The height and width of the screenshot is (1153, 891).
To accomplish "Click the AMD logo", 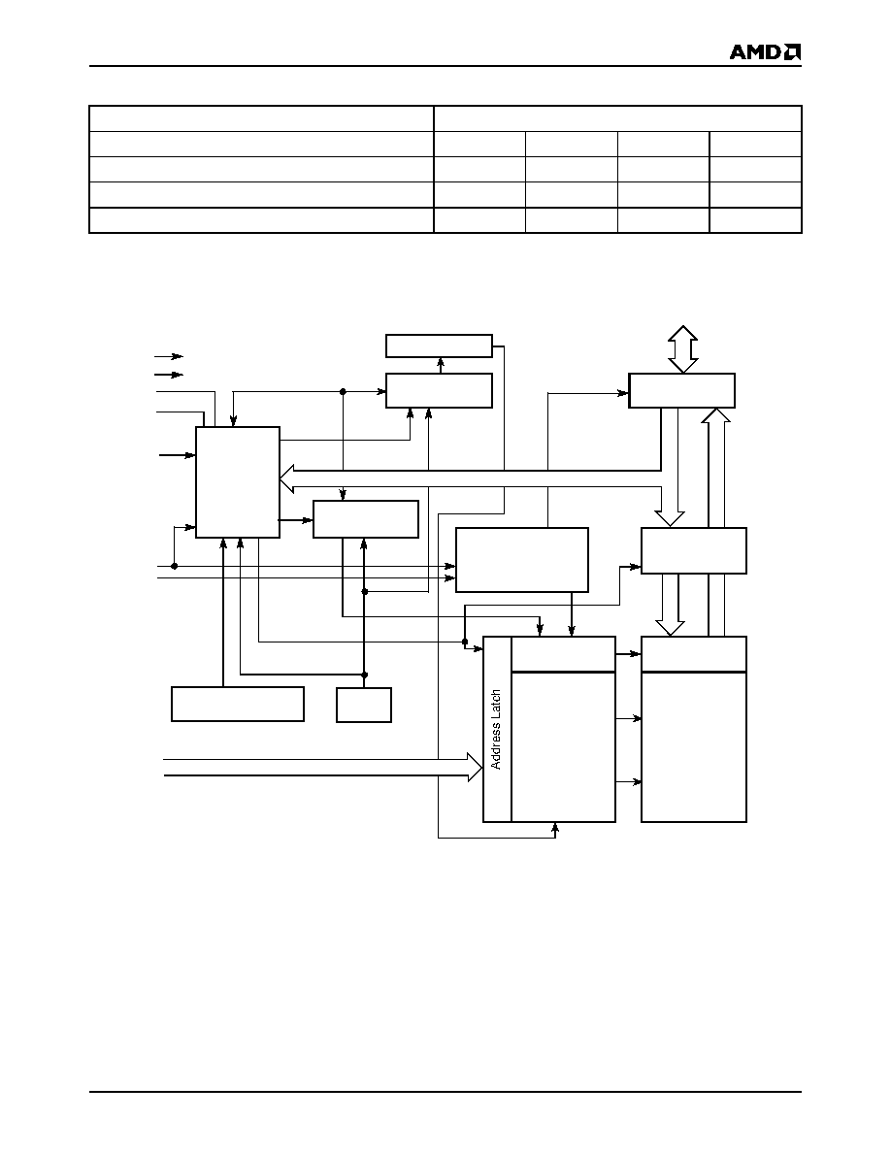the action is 765,51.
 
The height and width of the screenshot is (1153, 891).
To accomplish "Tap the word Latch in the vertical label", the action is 496,705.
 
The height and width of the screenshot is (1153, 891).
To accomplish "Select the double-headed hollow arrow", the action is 682,349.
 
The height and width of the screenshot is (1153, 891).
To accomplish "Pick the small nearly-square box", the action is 364,705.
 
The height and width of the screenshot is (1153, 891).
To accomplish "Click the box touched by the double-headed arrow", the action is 681,390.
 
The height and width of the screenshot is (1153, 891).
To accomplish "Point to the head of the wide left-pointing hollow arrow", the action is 287,478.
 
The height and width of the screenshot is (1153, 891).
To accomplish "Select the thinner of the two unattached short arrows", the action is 168,356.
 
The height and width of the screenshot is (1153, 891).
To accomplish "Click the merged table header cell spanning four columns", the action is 617,118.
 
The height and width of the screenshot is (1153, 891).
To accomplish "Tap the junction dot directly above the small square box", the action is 364,675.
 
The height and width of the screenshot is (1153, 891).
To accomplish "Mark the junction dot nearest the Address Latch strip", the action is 465,642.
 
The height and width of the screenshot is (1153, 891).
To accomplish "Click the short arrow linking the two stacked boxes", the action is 440,365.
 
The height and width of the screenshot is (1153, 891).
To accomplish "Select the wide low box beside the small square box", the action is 238,705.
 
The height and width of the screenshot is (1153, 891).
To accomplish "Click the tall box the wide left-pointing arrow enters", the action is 238,482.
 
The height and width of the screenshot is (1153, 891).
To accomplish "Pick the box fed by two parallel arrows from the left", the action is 522,560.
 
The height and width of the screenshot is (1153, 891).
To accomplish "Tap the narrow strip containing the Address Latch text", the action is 497,730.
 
